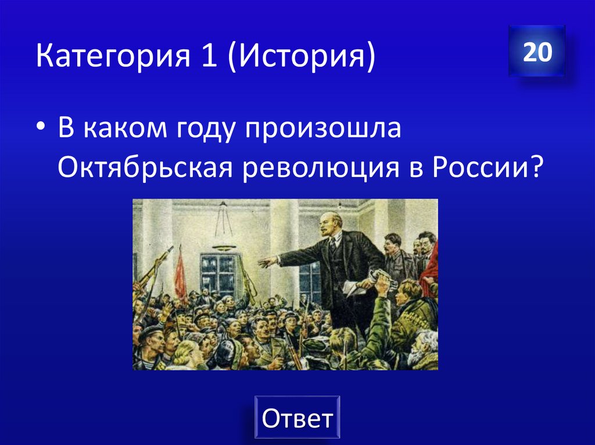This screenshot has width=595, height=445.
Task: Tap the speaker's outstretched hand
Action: [267, 262]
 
